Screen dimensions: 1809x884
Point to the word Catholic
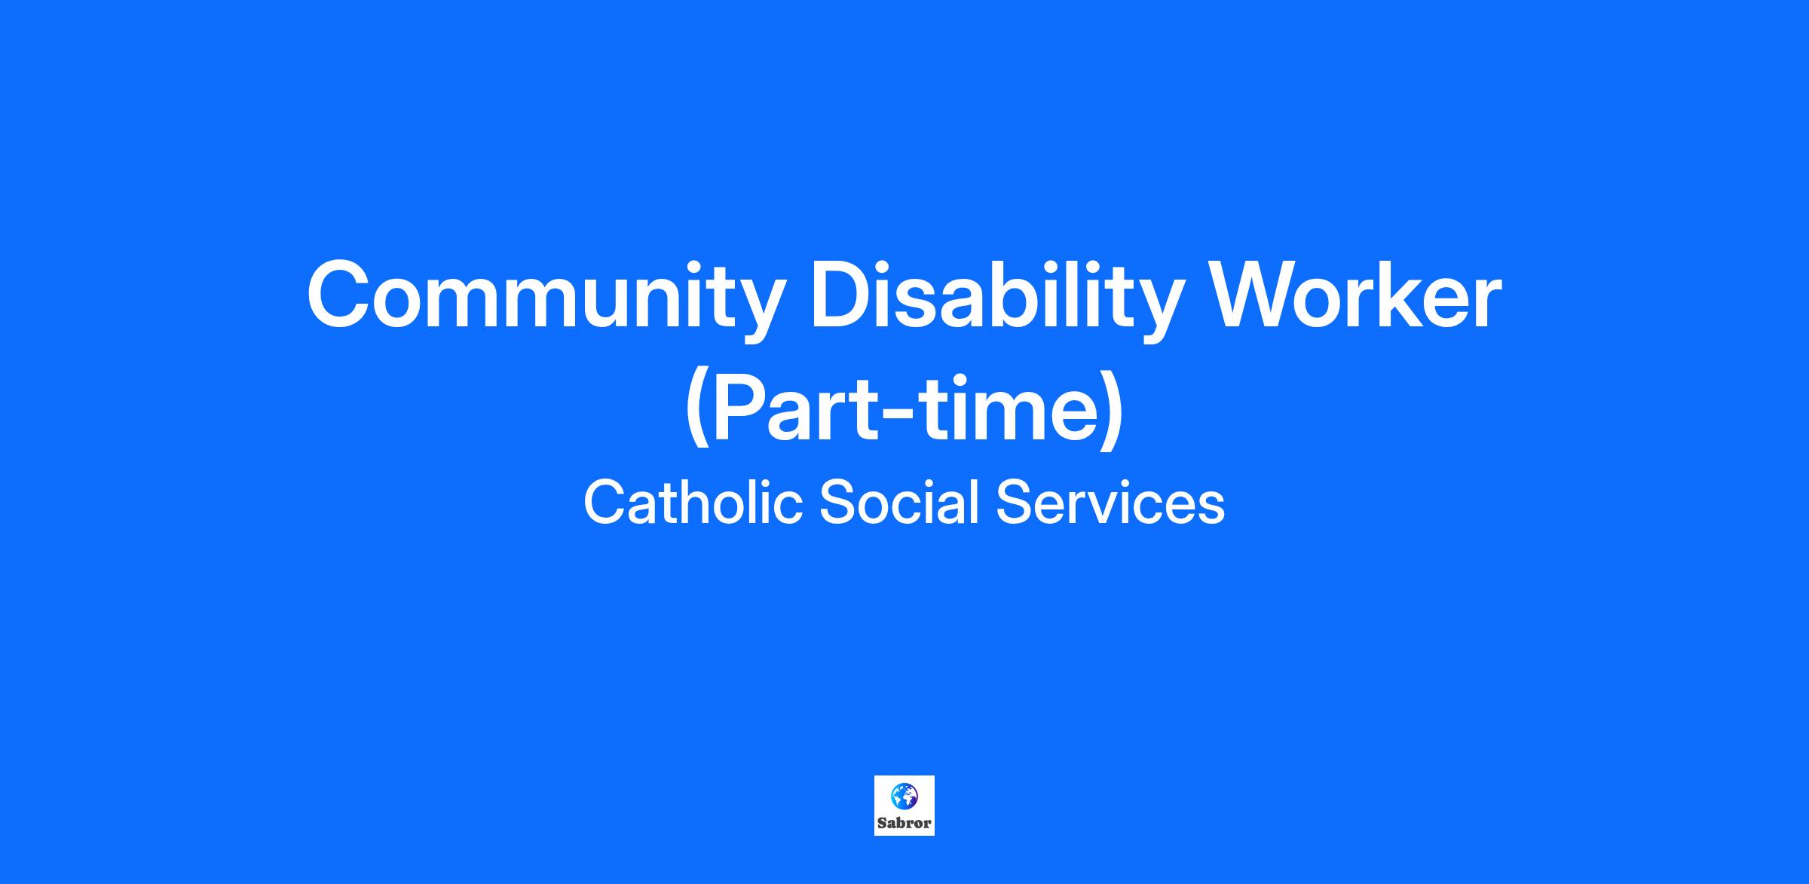click(693, 503)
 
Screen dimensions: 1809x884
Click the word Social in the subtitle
click(898, 503)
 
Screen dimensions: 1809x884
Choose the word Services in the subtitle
click(1110, 503)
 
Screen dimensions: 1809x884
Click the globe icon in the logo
click(904, 796)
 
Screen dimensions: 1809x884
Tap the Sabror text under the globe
click(904, 824)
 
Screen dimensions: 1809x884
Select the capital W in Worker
click(1252, 294)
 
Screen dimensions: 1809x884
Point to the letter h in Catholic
click(694, 502)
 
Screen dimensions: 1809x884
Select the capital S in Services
click(1015, 503)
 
